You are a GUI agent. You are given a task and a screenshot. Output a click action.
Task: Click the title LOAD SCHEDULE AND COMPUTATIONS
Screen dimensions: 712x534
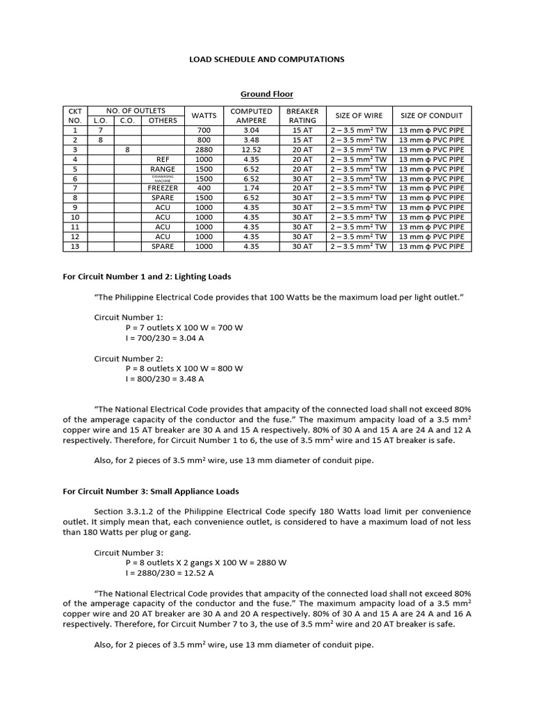[x=267, y=59]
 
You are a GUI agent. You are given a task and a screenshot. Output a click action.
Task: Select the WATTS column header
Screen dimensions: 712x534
[x=204, y=115]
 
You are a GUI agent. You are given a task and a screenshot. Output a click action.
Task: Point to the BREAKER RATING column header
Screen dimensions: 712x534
[x=302, y=115]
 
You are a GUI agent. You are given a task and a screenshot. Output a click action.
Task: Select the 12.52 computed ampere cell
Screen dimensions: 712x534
[x=251, y=149]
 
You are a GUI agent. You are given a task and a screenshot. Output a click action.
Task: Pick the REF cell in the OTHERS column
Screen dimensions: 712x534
[x=163, y=159]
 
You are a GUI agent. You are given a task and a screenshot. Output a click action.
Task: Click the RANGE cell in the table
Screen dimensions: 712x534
[x=163, y=169]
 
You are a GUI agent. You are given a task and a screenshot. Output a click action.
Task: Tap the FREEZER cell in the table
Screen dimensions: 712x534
[x=163, y=188]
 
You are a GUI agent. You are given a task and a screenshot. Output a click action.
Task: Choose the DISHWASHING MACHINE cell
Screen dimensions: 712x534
[x=163, y=179]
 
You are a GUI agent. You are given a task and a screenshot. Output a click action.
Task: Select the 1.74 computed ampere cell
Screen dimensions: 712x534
[x=251, y=188]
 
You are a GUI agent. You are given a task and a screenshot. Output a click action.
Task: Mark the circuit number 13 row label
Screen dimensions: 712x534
[x=74, y=247]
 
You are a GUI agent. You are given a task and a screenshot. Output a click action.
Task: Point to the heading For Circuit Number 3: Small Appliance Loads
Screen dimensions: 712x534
[x=151, y=492]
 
